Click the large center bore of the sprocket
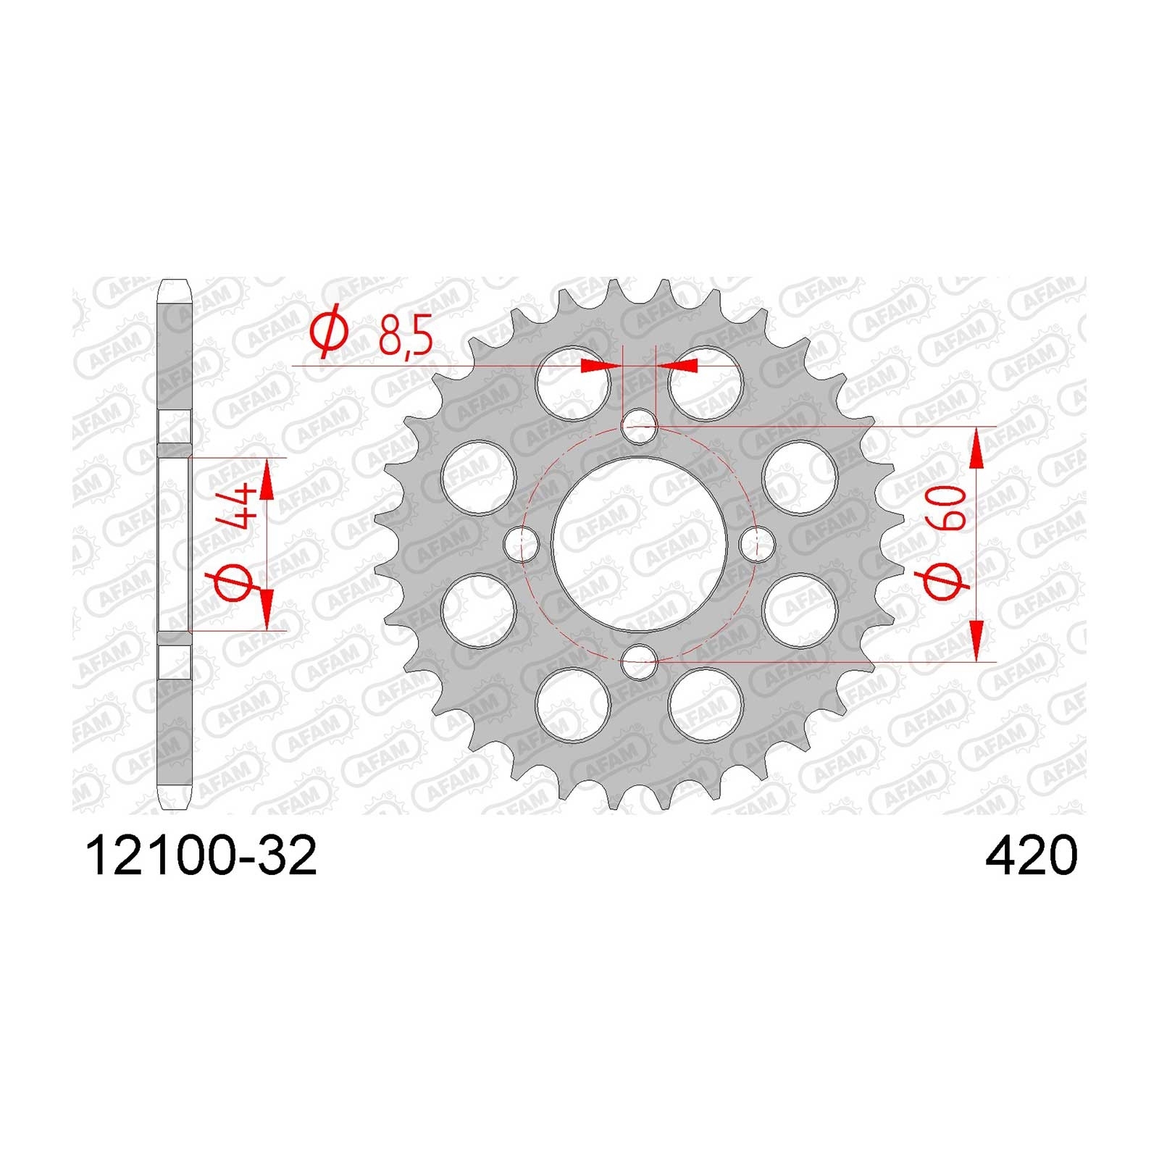[x=639, y=544]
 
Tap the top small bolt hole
[x=639, y=427]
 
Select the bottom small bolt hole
[x=639, y=661]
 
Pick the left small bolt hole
[x=522, y=544]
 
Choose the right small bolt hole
[x=756, y=544]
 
